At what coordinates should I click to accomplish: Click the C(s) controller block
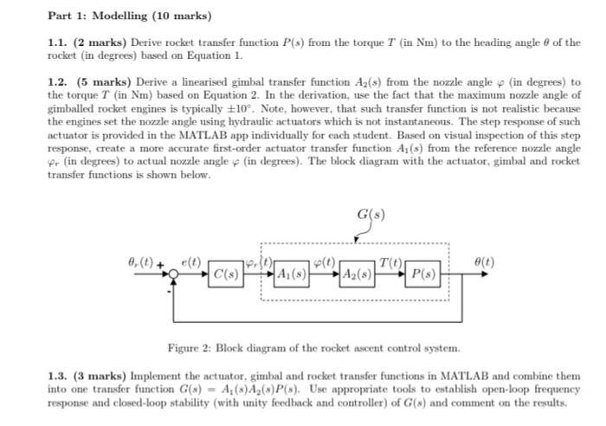pyautogui.click(x=228, y=275)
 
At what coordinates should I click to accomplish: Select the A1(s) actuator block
pyautogui.click(x=292, y=275)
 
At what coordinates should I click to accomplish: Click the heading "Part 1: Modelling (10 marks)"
pyautogui.click(x=130, y=16)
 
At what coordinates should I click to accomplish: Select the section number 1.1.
pyautogui.click(x=58, y=42)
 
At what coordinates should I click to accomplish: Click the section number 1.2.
pyautogui.click(x=58, y=82)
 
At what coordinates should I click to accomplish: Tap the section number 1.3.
pyautogui.click(x=58, y=378)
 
